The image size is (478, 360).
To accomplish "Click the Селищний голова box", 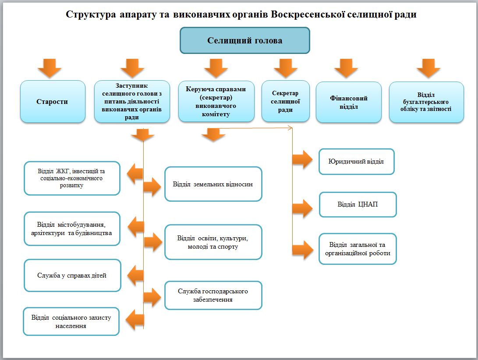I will [x=245, y=40].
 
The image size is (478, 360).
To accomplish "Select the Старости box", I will [x=53, y=101].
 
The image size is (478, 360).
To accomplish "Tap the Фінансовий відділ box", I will [x=349, y=102].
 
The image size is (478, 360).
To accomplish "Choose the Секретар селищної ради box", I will [x=285, y=101].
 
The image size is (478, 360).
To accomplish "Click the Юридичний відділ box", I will [x=356, y=161].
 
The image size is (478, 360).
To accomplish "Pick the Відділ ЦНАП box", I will [x=358, y=204].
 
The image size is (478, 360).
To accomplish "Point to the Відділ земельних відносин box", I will [x=213, y=184].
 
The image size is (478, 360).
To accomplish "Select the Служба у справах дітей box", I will [x=72, y=275].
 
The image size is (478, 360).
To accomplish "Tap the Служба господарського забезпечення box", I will [x=213, y=295].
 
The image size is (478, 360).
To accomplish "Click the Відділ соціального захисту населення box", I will [x=71, y=321].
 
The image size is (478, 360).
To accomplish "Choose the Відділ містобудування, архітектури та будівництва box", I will [x=72, y=229].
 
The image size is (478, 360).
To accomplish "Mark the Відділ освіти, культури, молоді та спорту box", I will [x=213, y=242].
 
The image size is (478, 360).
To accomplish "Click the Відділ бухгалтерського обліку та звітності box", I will [x=426, y=102].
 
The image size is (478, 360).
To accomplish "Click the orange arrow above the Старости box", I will [x=49, y=68].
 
